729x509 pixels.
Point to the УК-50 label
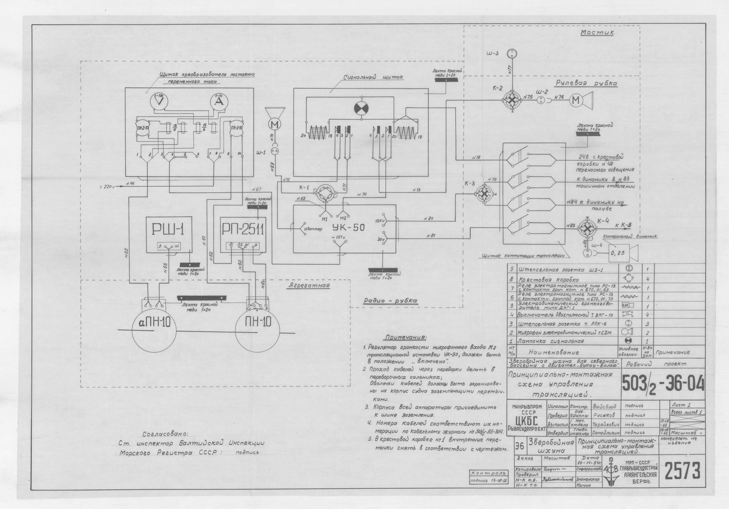click(x=349, y=227)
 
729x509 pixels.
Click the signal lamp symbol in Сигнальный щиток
click(x=361, y=109)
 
